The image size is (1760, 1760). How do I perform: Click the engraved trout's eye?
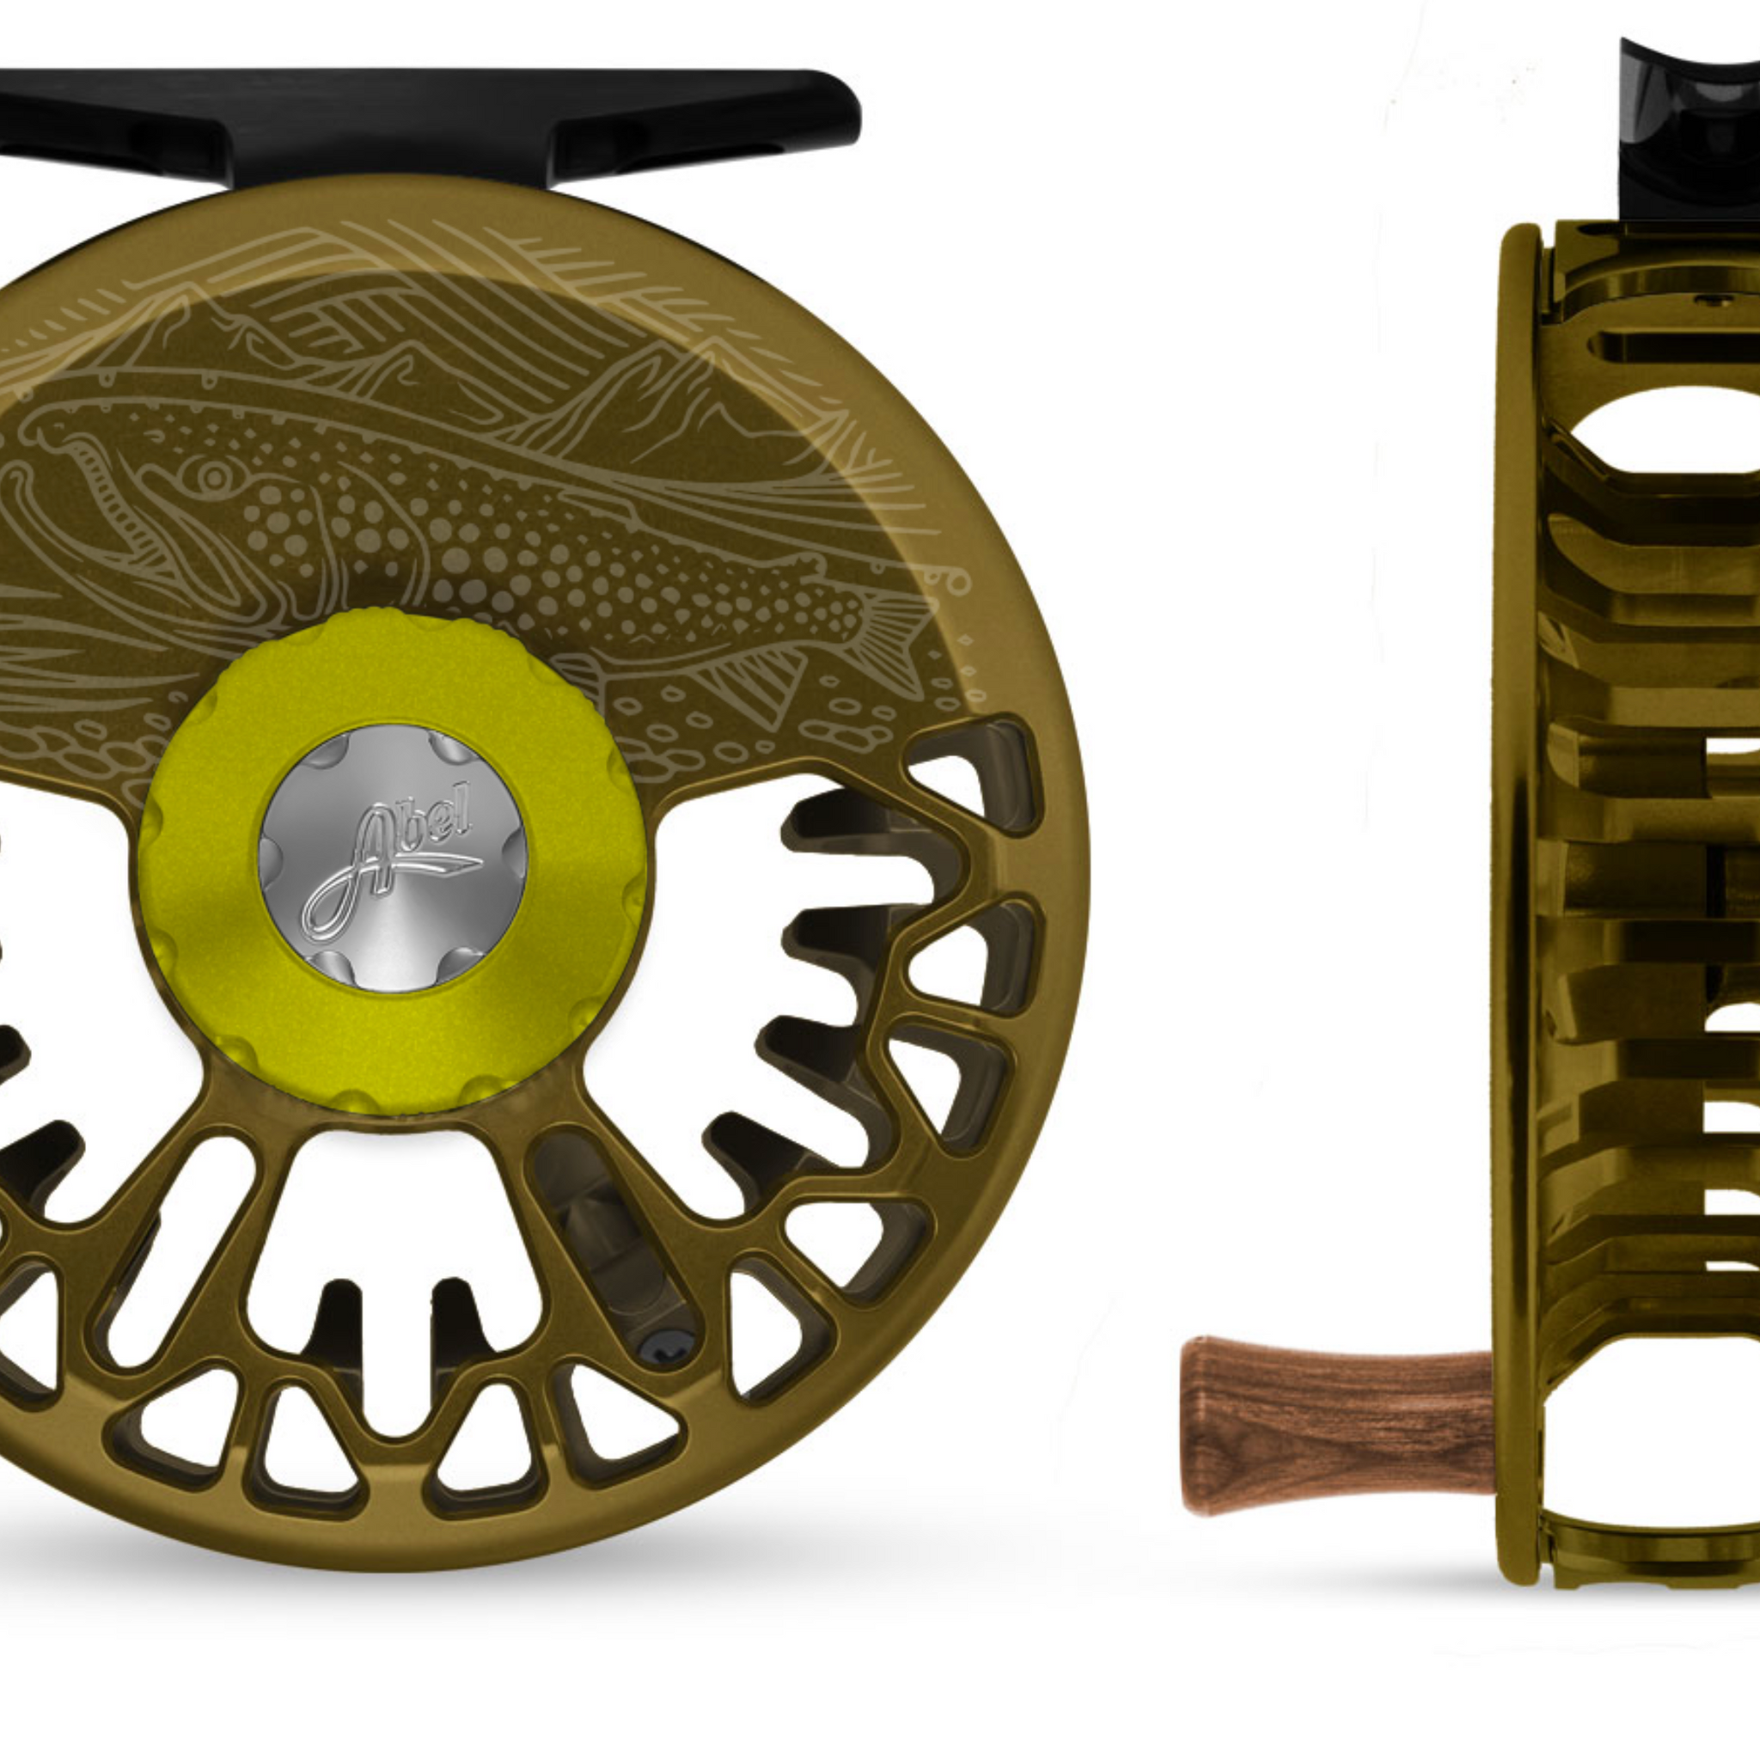pyautogui.click(x=214, y=474)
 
